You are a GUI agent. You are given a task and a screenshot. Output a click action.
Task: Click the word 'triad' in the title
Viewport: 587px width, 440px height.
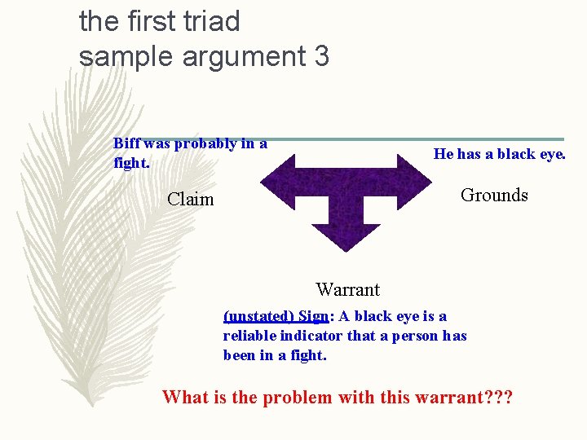[x=208, y=21]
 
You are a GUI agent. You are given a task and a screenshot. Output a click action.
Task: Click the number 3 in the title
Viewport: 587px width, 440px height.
[x=321, y=56]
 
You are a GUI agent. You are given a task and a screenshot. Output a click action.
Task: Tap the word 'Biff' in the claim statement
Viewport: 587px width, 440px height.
[x=127, y=143]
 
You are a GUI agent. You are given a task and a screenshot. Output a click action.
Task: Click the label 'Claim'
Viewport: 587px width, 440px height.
[x=190, y=199]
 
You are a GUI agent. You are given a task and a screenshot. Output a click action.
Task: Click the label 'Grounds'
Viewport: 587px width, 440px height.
[x=494, y=195]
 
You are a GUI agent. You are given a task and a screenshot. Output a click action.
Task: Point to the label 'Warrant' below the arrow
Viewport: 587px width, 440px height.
[x=347, y=289]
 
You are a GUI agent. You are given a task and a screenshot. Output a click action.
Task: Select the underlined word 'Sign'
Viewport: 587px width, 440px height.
[x=313, y=316]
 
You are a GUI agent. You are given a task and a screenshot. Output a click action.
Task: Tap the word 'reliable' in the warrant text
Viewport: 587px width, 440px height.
[x=249, y=336]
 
